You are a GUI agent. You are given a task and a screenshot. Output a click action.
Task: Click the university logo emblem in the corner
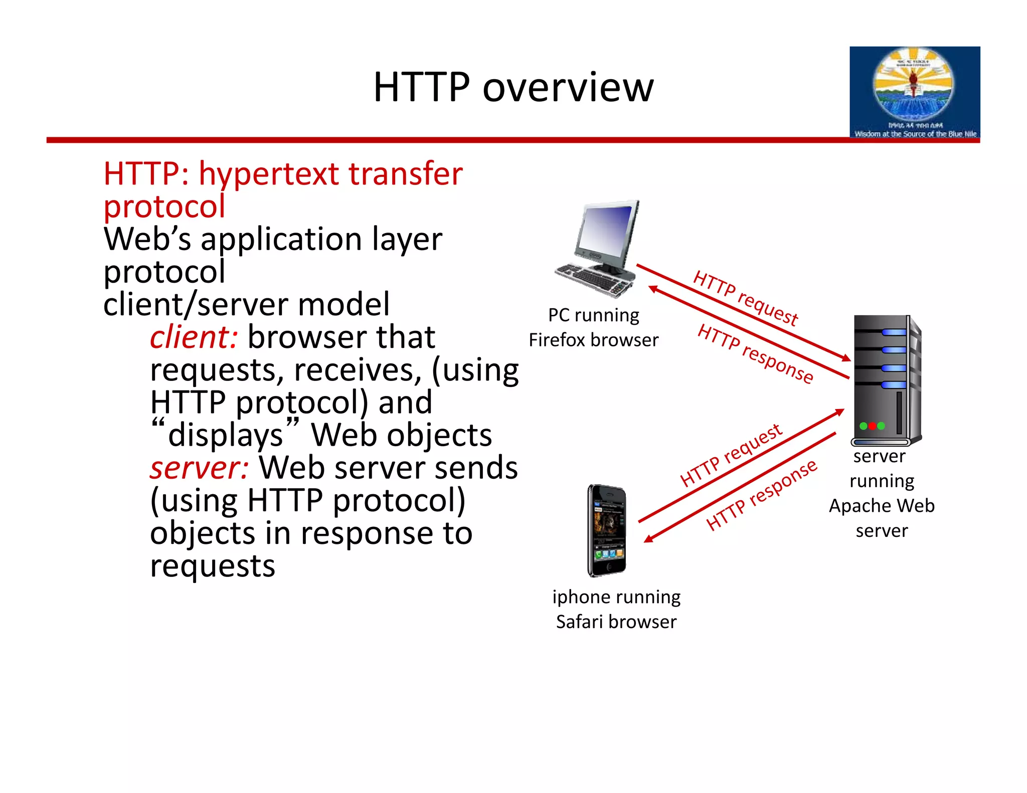pyautogui.click(x=914, y=85)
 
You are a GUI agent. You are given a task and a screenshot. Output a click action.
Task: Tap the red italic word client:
pyautogui.click(x=194, y=337)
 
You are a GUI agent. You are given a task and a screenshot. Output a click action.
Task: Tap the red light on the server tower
pyautogui.click(x=872, y=426)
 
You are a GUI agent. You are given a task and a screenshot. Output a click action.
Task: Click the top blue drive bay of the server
pyautogui.click(x=893, y=332)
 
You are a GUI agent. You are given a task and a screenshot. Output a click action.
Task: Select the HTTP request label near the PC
pyautogui.click(x=745, y=298)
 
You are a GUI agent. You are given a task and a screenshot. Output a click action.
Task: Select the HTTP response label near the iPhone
pyautogui.click(x=761, y=495)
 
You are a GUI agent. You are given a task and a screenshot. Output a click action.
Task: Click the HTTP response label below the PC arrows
pyautogui.click(x=755, y=354)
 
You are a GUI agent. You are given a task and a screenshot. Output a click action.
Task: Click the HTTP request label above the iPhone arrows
pyautogui.click(x=731, y=455)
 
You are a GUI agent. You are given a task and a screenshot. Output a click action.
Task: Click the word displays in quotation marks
pyautogui.click(x=226, y=435)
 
